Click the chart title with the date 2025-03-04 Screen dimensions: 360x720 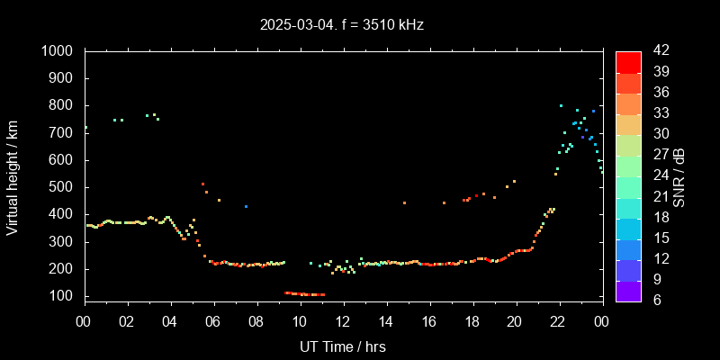tap(341, 25)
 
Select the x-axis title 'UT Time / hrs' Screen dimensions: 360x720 tap(342, 346)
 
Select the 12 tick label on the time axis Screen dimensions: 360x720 tap(342, 321)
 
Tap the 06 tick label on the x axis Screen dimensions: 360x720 tap(213, 321)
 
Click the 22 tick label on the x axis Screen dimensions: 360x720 tap(558, 321)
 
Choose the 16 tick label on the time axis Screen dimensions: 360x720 tap(428, 321)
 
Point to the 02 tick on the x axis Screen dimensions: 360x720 tap(127, 321)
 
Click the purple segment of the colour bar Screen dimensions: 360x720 tap(628, 290)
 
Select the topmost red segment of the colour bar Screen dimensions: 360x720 tap(628, 61)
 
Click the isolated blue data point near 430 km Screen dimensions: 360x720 tap(246, 206)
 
